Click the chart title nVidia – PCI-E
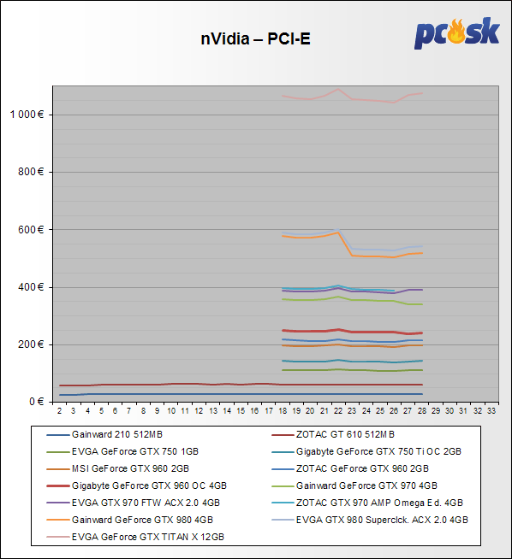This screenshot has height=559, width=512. (255, 38)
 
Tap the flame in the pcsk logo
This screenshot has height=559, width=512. (456, 32)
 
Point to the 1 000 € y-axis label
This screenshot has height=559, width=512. (27, 115)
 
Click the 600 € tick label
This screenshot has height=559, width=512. (31, 230)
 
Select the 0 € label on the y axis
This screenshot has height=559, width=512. (37, 402)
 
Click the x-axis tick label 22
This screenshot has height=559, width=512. (338, 411)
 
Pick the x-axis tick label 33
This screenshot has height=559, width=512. (491, 411)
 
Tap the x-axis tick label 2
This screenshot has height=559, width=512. (59, 411)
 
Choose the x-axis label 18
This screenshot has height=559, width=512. (283, 411)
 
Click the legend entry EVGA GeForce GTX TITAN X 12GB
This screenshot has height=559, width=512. (148, 537)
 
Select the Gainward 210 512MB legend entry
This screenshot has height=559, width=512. (117, 434)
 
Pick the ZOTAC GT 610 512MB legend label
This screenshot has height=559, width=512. (345, 434)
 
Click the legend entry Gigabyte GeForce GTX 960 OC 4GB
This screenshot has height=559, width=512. (149, 485)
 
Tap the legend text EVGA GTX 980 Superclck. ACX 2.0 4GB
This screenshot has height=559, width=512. (382, 520)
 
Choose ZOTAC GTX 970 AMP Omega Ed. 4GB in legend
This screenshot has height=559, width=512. (379, 503)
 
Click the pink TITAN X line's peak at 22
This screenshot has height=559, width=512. (338, 89)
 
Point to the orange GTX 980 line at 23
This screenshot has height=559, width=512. (352, 256)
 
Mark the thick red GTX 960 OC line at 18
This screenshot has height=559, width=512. (283, 331)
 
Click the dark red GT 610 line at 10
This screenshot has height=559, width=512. (171, 384)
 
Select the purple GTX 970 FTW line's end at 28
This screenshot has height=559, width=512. (422, 290)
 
